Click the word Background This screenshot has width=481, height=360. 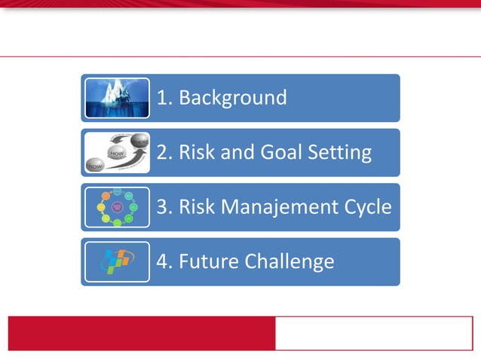click(x=232, y=98)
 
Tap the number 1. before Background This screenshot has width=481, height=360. click(x=164, y=98)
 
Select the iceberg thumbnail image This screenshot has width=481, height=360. click(x=117, y=98)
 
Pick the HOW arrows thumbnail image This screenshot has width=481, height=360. click(x=117, y=153)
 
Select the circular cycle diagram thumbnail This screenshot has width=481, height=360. click(x=117, y=207)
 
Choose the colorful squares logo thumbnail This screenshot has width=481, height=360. click(x=117, y=261)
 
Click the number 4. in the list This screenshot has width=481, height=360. click(x=164, y=261)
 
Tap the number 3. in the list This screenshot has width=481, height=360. click(x=164, y=207)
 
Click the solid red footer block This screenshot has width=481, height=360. click(x=141, y=333)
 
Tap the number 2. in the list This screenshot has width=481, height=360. click(x=164, y=153)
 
